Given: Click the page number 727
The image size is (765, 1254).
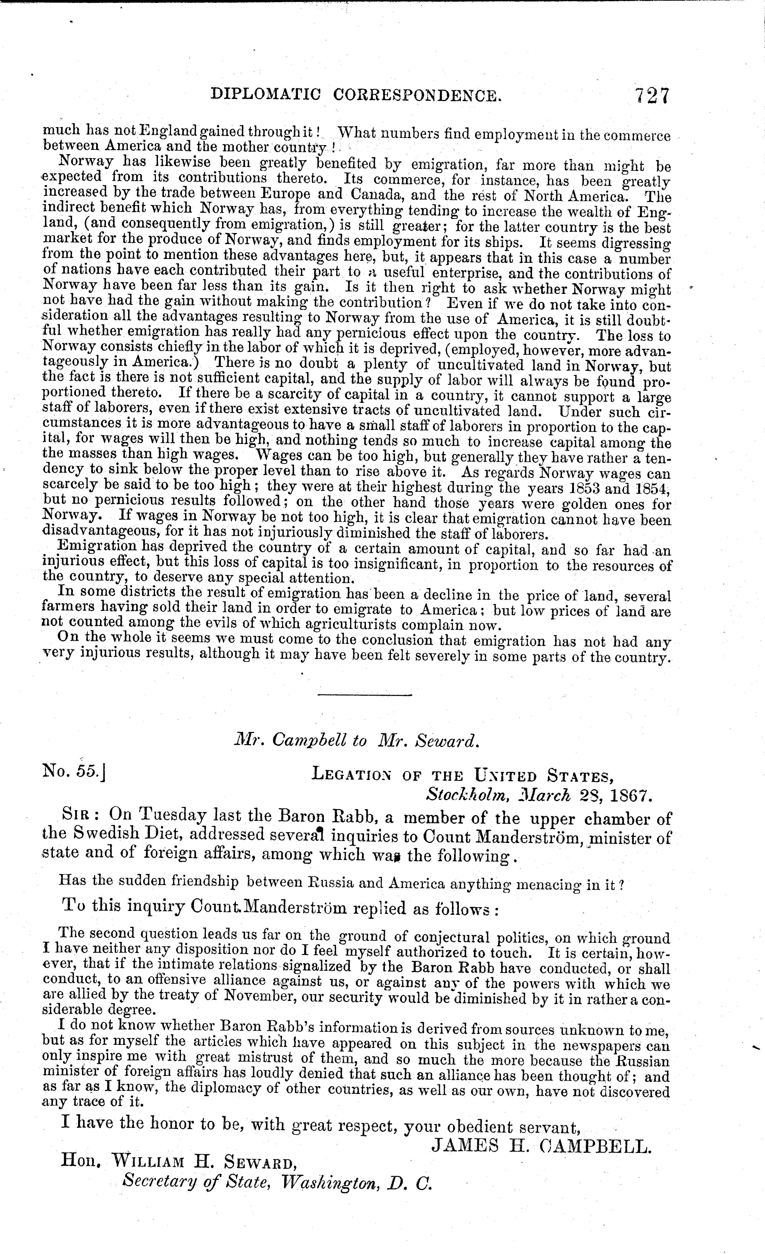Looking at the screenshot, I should (652, 95).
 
